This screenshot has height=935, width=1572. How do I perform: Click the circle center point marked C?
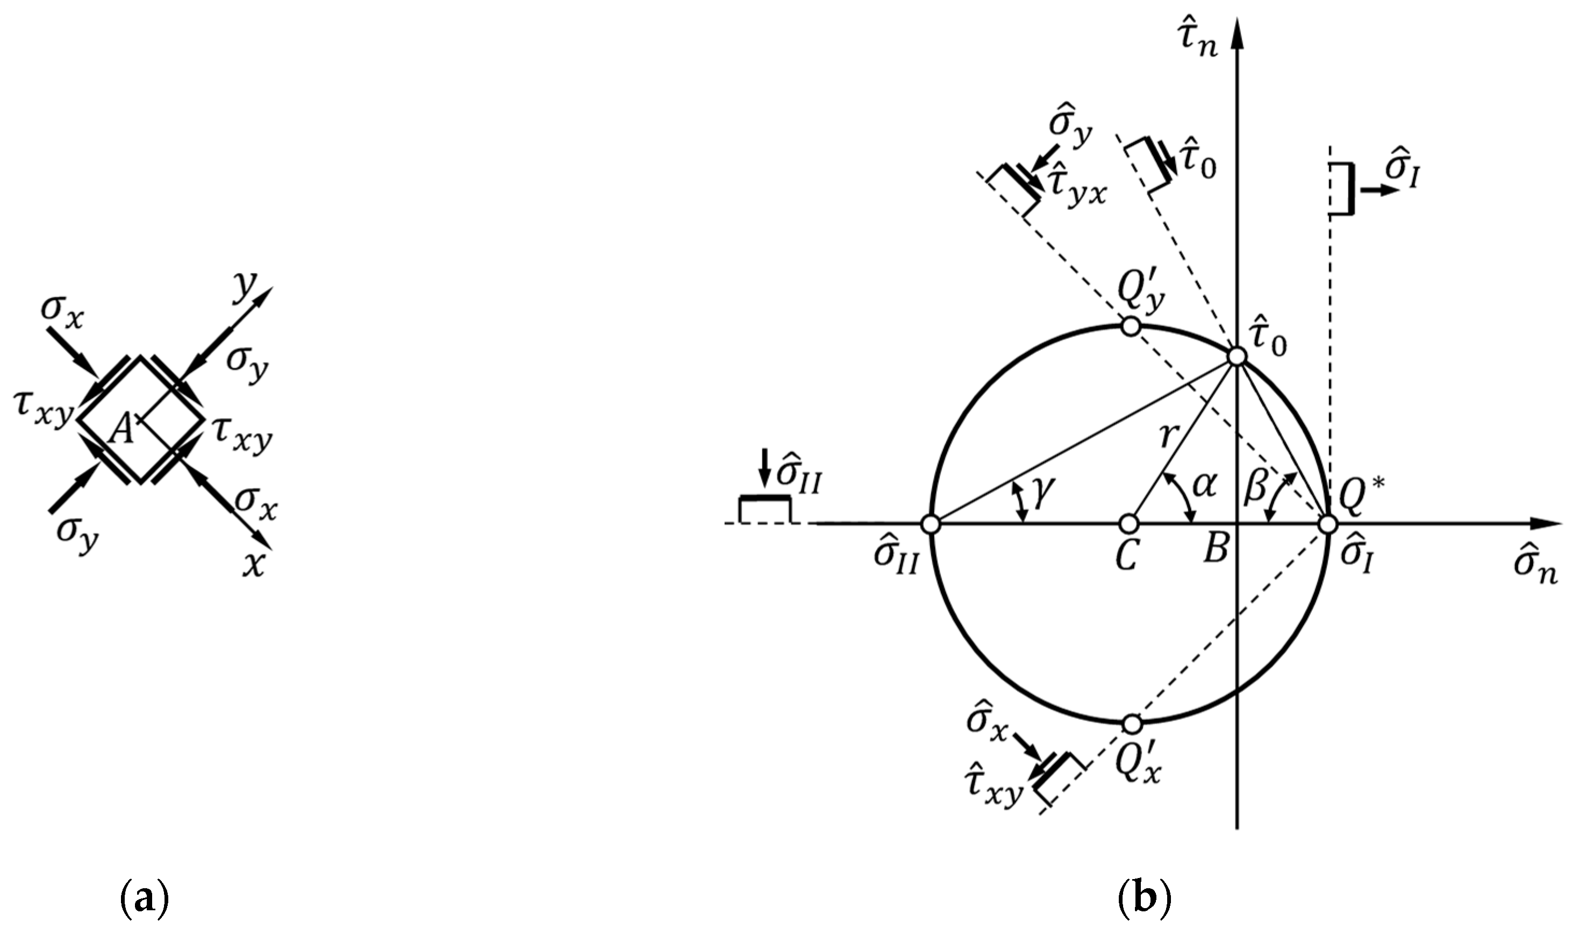[1129, 524]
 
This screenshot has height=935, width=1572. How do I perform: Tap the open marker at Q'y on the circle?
[1131, 326]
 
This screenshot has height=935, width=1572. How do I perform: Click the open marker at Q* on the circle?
[1327, 524]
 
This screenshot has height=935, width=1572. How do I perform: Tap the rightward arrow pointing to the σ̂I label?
[1380, 190]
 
